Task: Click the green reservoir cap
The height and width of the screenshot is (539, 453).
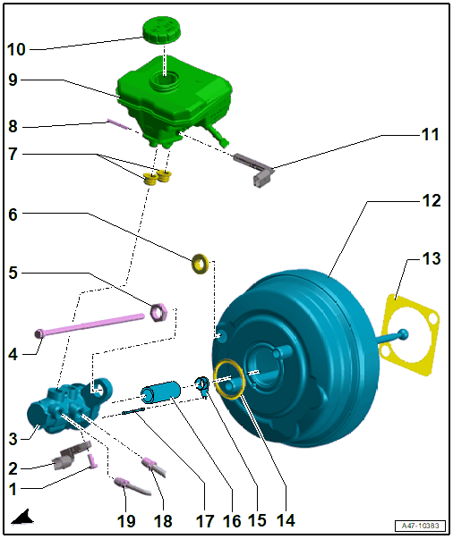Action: point(162,30)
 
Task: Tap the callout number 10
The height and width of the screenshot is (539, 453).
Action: point(16,49)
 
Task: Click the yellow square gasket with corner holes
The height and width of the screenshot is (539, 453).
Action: point(409,334)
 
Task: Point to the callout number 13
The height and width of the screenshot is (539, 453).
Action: point(431,258)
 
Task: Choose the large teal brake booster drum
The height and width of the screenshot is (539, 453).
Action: point(296,358)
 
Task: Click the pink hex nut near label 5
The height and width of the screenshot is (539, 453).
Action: point(158,312)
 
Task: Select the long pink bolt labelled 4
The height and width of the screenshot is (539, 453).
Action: point(90,324)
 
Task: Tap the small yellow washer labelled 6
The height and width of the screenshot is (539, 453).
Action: point(200,264)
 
